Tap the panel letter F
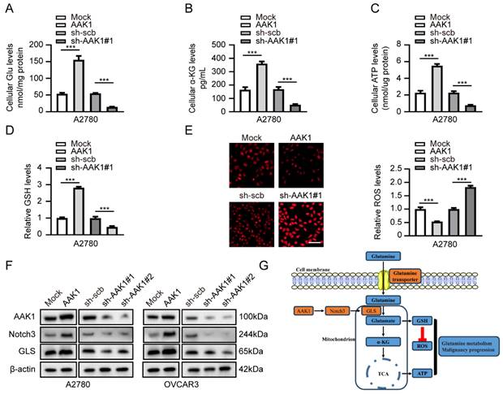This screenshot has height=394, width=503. [x=8, y=265]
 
